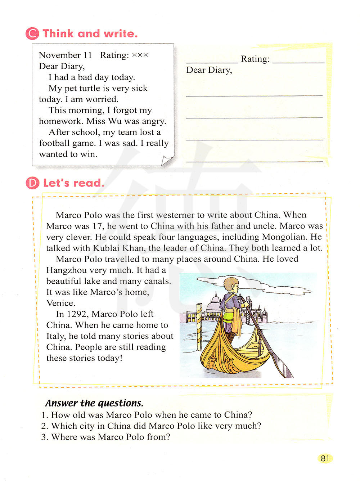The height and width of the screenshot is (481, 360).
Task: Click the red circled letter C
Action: click(x=32, y=33)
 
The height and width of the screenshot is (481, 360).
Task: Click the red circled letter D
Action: click(x=32, y=183)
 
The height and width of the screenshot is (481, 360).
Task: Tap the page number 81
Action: click(x=325, y=458)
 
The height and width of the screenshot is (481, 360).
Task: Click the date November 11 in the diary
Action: click(x=65, y=55)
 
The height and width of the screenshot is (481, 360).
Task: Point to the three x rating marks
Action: click(x=140, y=55)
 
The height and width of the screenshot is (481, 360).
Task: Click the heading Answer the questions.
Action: click(x=94, y=403)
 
